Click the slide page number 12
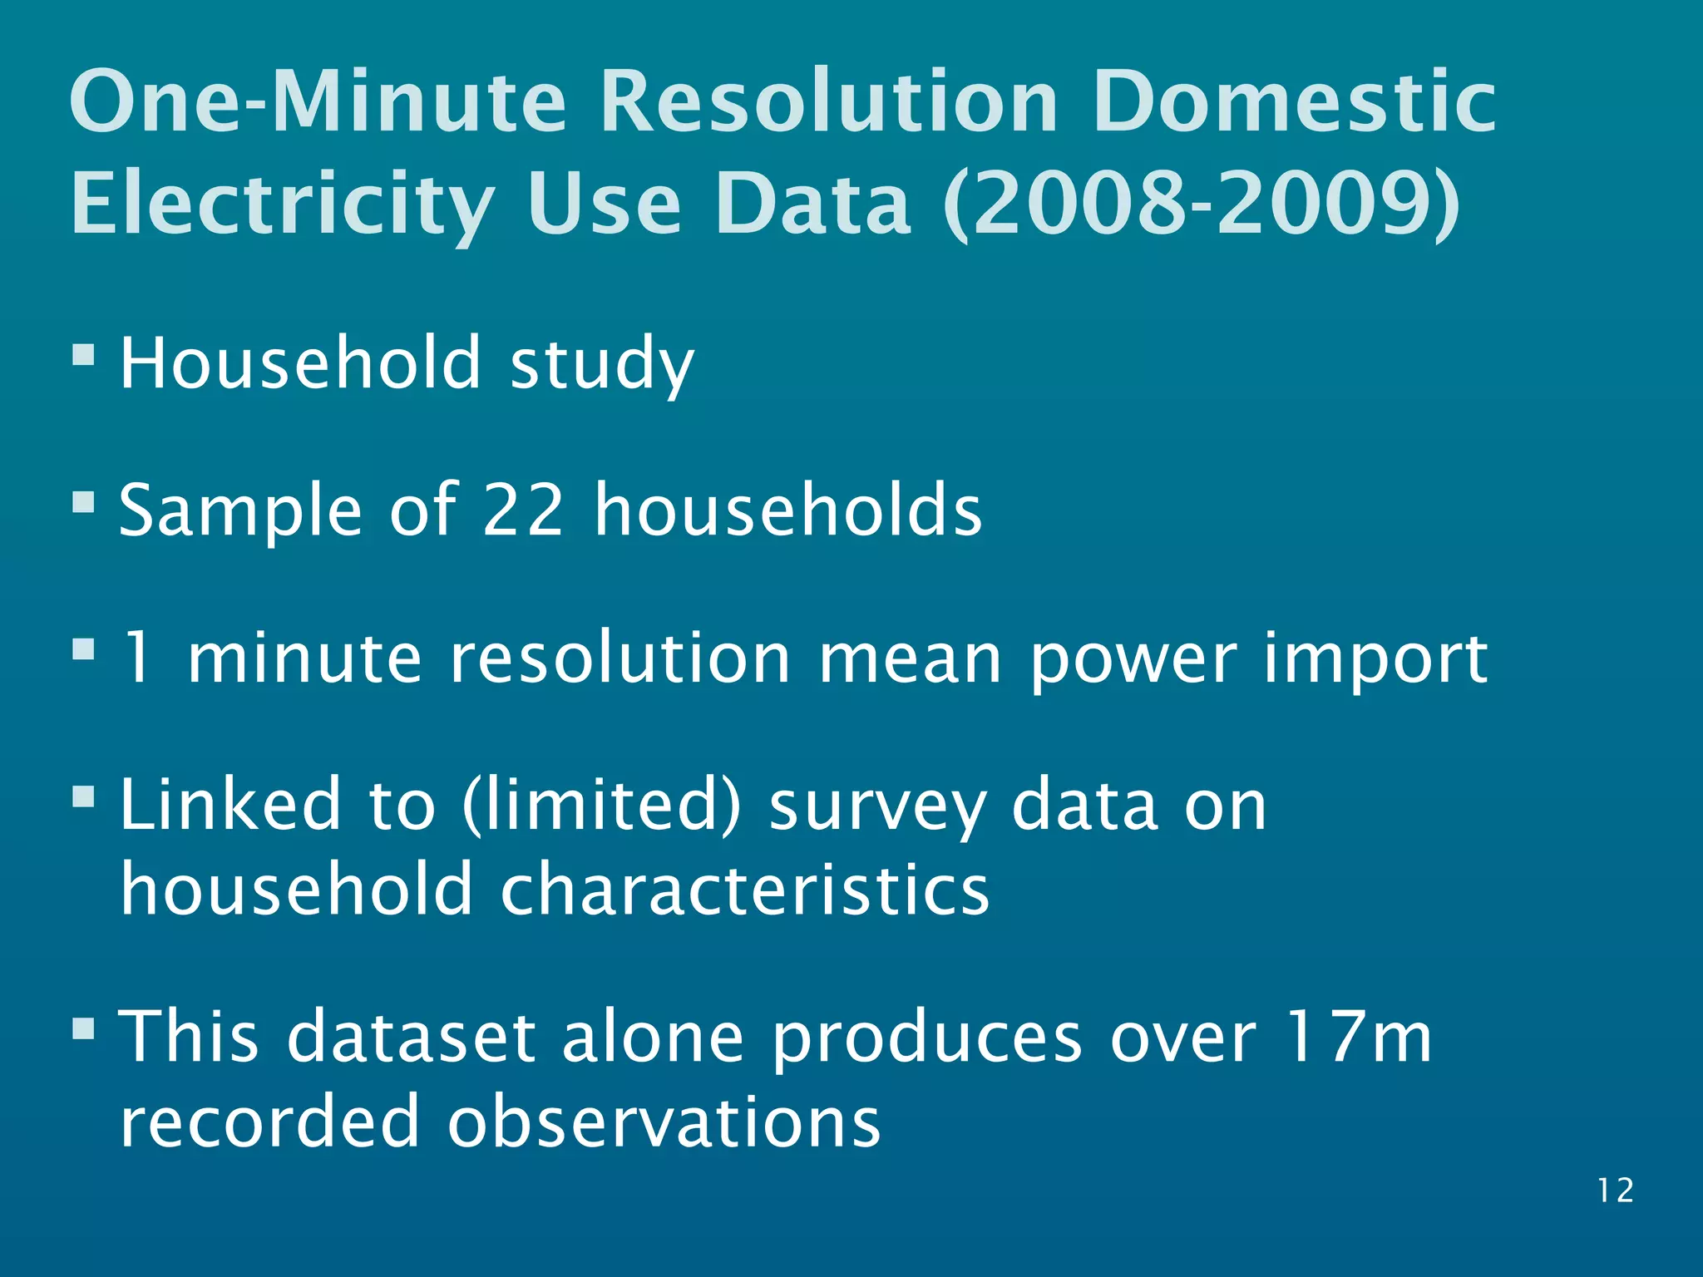1615,1191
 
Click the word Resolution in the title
828,101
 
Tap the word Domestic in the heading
1294,101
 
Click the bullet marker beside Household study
83,356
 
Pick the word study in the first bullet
601,364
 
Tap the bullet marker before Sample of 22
83,502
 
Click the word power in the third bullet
1133,658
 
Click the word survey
876,806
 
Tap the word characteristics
744,890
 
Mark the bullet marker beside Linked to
83,798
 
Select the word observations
664,1121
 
